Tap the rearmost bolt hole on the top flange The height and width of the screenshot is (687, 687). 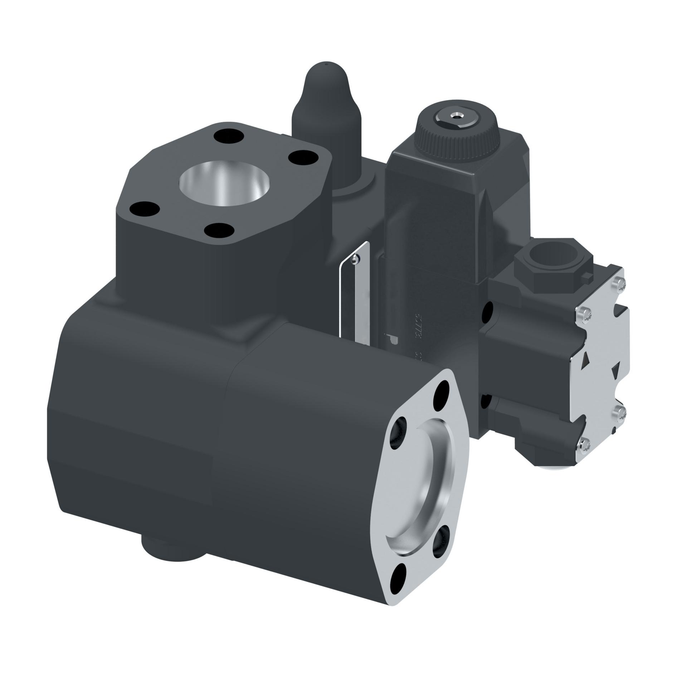pos(228,136)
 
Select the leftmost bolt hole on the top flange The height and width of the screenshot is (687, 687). pos(144,208)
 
